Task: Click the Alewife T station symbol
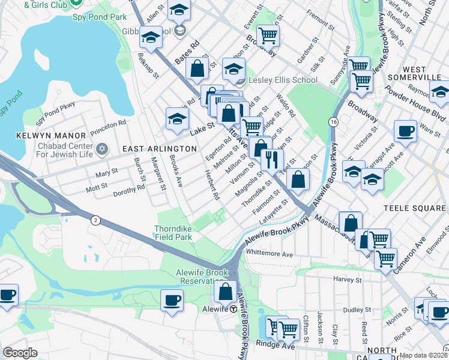tap(232, 308)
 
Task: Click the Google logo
tap(20, 353)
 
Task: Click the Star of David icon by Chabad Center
tap(101, 148)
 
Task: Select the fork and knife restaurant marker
tap(271, 160)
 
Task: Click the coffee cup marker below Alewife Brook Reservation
tap(172, 299)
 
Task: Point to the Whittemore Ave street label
tap(270, 254)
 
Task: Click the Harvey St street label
tap(348, 280)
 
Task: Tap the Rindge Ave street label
tap(277, 345)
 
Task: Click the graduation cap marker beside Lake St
tap(177, 119)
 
